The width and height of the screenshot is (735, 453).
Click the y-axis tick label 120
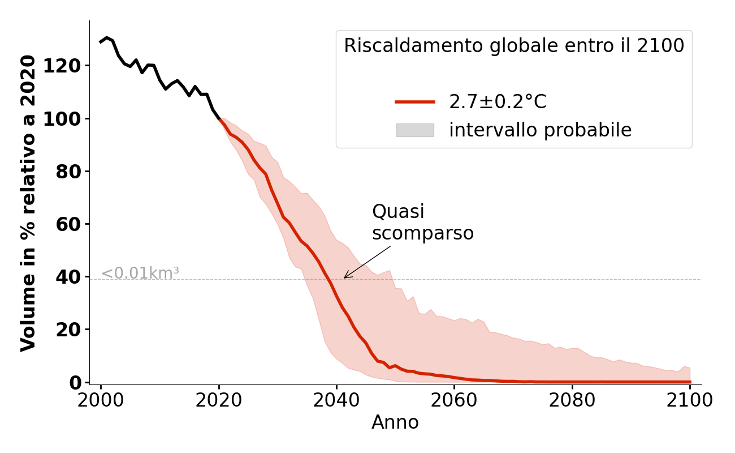70,66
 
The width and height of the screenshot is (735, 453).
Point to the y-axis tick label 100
70,119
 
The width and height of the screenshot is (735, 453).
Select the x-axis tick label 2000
101,400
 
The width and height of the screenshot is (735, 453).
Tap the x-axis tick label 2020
219,400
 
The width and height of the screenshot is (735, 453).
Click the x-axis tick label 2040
336,400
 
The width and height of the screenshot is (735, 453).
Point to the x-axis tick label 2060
454,400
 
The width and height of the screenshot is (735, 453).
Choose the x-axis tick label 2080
572,400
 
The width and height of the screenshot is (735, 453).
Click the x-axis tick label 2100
689,400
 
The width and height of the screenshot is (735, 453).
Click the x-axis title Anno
395,422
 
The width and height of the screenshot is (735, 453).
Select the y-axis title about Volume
28,203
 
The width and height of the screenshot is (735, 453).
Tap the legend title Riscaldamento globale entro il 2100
514,46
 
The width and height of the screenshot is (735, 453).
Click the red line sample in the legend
415,102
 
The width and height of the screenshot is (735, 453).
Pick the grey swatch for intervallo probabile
415,130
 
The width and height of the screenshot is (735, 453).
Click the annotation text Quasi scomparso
422,223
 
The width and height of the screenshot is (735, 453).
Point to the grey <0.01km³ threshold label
140,273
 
